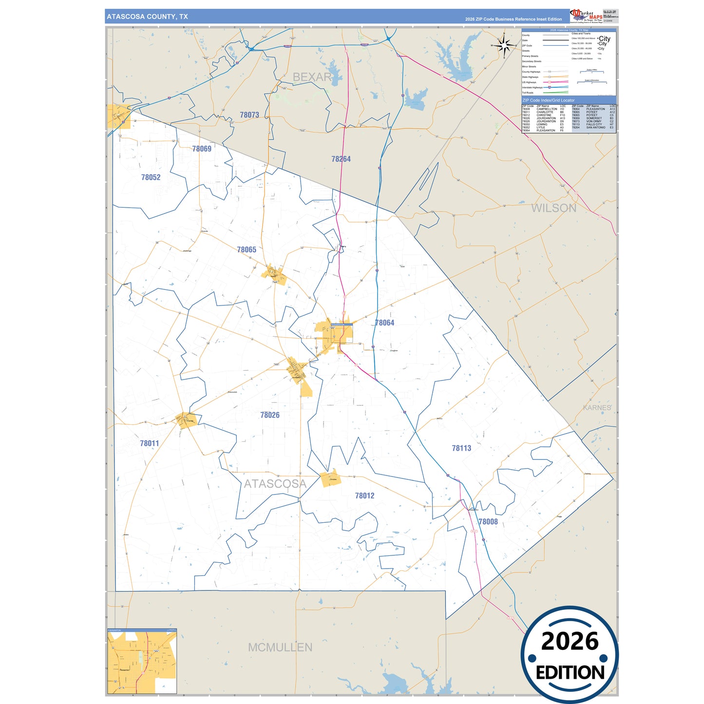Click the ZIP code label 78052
click(151, 177)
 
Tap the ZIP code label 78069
click(202, 149)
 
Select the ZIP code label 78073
click(249, 115)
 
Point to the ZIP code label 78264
click(341, 159)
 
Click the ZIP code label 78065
click(247, 249)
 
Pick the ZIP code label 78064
click(384, 323)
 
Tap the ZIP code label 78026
click(270, 415)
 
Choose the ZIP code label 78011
click(150, 443)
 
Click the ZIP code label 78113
click(461, 448)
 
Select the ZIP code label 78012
click(364, 495)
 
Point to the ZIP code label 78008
click(488, 522)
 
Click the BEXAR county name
click(312, 77)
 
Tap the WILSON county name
click(553, 208)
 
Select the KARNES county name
click(597, 407)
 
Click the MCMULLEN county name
click(280, 647)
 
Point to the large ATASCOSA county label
click(275, 484)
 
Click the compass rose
click(505, 45)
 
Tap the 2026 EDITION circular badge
click(570, 654)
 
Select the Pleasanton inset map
click(142, 661)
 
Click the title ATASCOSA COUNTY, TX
click(147, 17)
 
